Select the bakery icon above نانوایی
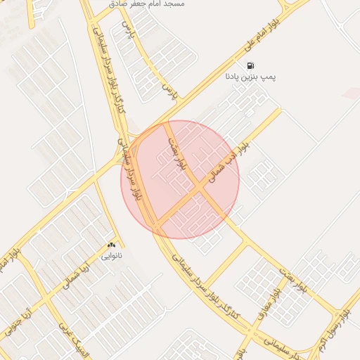111,244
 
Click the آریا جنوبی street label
18,319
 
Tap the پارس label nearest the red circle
169,89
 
